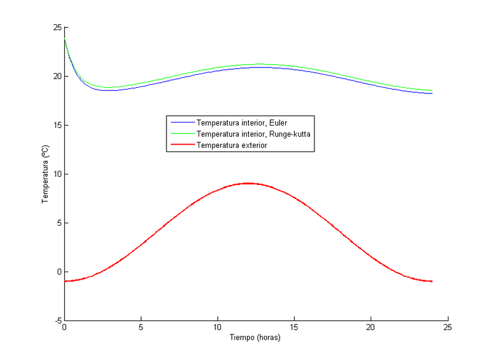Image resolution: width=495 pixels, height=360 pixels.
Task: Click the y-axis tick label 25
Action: (56, 27)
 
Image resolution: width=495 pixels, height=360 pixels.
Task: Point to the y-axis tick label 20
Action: (56, 76)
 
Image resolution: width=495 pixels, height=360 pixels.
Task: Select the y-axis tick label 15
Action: (56, 125)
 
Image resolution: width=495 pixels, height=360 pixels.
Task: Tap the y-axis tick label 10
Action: (56, 174)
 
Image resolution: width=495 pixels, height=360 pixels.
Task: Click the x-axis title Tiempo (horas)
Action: (256, 338)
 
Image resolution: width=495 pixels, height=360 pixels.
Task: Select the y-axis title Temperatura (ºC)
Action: (45, 174)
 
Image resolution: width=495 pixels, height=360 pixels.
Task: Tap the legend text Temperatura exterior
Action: (231, 145)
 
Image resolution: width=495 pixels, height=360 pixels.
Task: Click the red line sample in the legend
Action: (181, 145)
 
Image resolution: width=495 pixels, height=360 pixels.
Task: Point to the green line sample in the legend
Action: (181, 134)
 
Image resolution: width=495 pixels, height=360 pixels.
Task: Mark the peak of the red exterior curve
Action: (248, 183)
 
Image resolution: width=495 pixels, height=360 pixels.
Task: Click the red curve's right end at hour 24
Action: (433, 281)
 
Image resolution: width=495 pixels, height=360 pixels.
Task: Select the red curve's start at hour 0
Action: (64, 281)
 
